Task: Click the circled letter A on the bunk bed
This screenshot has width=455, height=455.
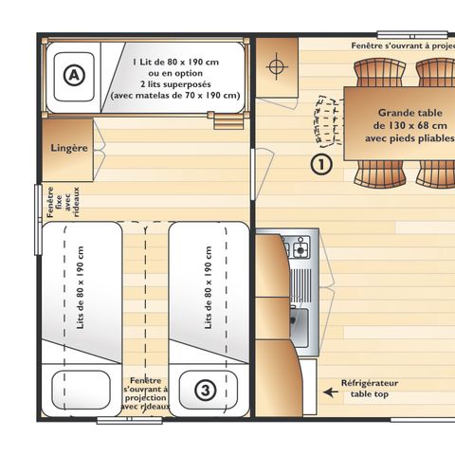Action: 73,73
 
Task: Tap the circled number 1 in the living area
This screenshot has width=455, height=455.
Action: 323,164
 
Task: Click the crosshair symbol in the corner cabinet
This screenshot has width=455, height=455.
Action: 277,66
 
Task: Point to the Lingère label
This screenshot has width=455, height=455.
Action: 69,149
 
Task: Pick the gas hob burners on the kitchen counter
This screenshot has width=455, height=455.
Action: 300,249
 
